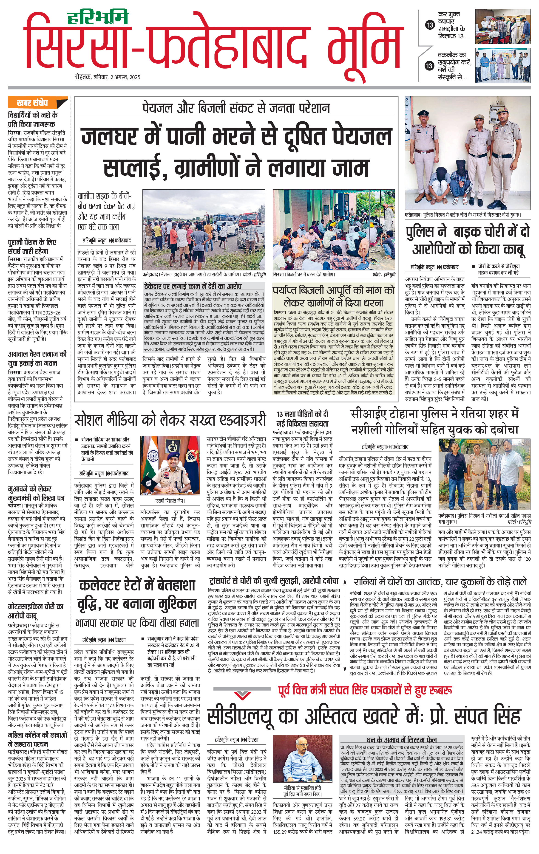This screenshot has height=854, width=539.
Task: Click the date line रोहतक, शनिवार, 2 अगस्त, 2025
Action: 108,77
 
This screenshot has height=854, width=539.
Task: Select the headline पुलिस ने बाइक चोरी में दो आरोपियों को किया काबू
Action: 468,240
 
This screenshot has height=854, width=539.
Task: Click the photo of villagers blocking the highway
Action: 204,230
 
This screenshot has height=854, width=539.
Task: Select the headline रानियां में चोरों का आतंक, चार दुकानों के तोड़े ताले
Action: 440,582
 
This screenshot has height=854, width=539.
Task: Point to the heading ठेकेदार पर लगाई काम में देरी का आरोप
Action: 193,286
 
